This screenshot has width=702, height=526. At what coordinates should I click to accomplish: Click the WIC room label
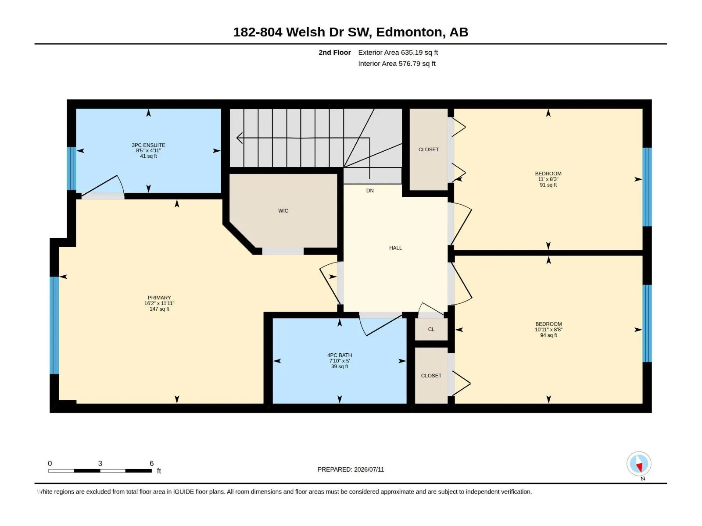(283, 211)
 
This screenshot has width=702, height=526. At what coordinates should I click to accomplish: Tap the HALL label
(395, 248)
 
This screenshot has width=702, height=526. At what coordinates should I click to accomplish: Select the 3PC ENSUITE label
(148, 145)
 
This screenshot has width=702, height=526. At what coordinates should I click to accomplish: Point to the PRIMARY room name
(159, 298)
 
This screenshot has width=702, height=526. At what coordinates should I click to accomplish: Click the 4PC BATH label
(339, 355)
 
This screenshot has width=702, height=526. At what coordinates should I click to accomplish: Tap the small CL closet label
(431, 329)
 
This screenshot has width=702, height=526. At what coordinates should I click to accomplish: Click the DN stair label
(370, 191)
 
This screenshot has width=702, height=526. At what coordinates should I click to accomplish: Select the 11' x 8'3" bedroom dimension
(548, 179)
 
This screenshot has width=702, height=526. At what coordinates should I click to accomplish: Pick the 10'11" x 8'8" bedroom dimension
(548, 330)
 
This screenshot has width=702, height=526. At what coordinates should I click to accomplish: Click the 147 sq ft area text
(159, 309)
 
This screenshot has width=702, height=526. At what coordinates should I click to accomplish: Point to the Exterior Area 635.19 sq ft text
(398, 52)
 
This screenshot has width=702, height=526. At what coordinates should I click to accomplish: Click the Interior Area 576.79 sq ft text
(397, 64)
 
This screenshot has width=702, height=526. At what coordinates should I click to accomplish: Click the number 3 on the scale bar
(100, 463)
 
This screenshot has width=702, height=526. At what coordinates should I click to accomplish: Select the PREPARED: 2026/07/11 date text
(351, 469)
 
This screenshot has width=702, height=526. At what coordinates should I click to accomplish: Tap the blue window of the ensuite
(72, 169)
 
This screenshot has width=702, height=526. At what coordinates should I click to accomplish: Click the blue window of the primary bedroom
(54, 325)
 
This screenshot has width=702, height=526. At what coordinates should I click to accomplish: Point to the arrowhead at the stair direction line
(239, 138)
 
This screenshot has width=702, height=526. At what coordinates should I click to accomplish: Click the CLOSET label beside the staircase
(429, 149)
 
